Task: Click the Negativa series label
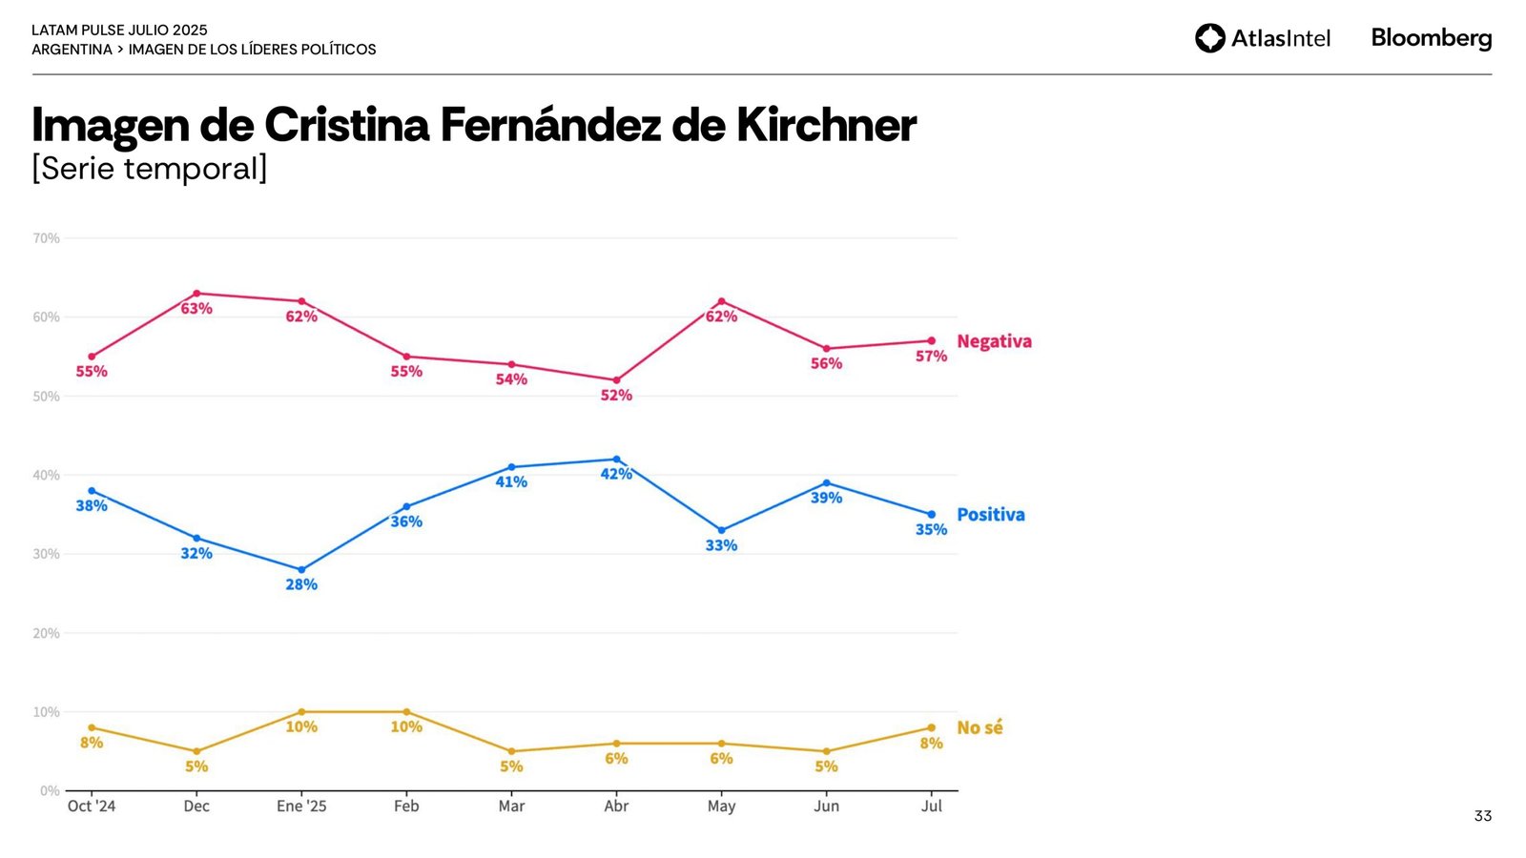pyautogui.click(x=994, y=341)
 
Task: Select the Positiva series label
pyautogui.click(x=990, y=515)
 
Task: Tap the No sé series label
pyautogui.click(x=980, y=728)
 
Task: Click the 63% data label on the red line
pyautogui.click(x=196, y=309)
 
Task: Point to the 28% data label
pyautogui.click(x=301, y=584)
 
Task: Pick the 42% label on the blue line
pyautogui.click(x=616, y=474)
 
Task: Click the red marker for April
pyautogui.click(x=616, y=380)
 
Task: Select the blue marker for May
pyautogui.click(x=721, y=530)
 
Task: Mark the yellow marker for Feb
pyautogui.click(x=406, y=712)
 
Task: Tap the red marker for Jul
pyautogui.click(x=932, y=340)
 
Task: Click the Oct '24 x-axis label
pyautogui.click(x=92, y=807)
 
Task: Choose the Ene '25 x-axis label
pyautogui.click(x=301, y=807)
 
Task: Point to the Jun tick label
pyautogui.click(x=826, y=807)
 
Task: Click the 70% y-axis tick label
pyautogui.click(x=46, y=238)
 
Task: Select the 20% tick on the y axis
pyautogui.click(x=46, y=633)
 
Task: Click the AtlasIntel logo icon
pyautogui.click(x=1210, y=38)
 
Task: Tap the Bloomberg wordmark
pyautogui.click(x=1431, y=38)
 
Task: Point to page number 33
pyautogui.click(x=1482, y=816)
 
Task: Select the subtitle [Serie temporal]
pyautogui.click(x=150, y=169)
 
